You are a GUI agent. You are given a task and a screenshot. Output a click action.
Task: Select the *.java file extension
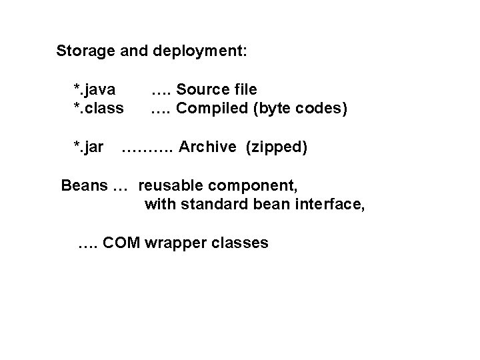click(94, 89)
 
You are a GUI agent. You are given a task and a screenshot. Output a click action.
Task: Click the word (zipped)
click(277, 147)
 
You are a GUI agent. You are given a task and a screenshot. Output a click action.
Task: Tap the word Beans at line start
click(83, 185)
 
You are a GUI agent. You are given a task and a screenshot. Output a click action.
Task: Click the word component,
click(256, 185)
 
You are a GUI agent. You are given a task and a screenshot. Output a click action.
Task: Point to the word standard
click(205, 203)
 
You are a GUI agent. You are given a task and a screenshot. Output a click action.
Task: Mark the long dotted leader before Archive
click(147, 148)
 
